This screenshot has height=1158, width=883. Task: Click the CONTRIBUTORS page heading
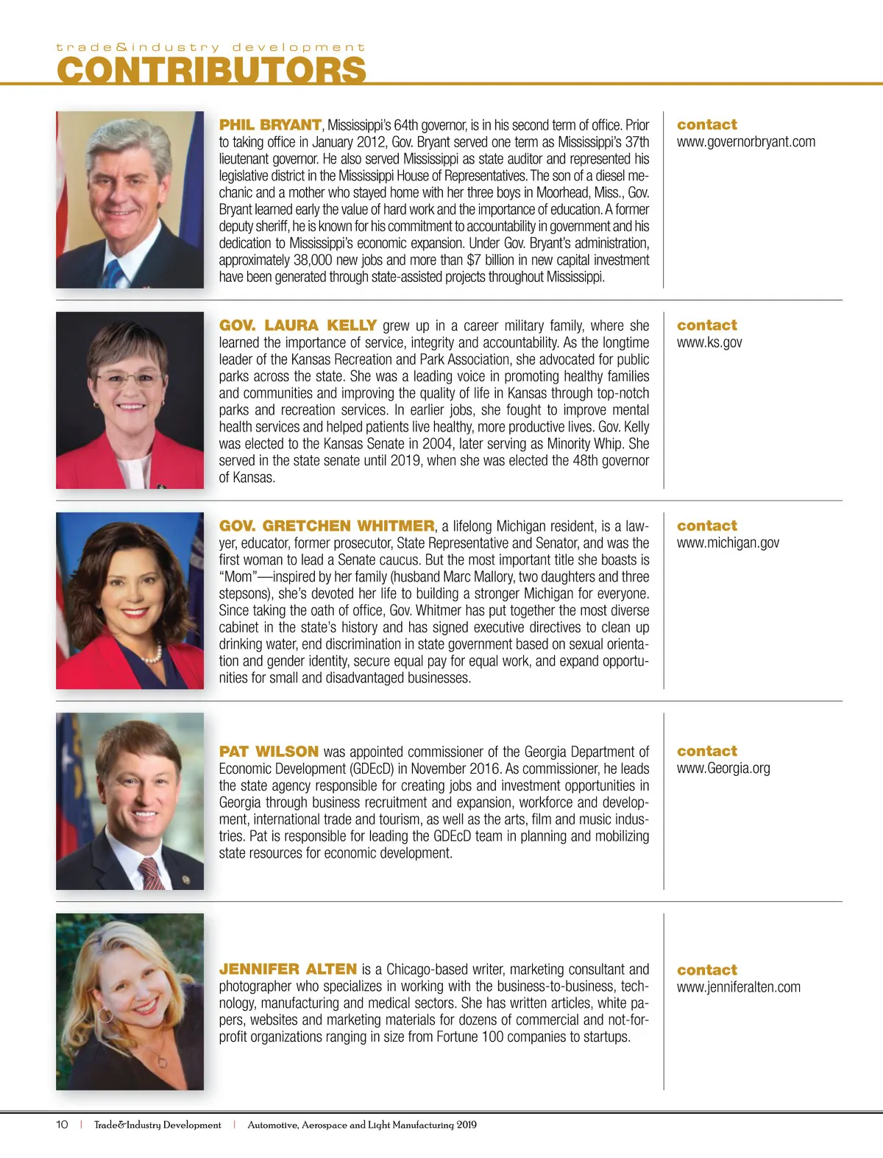pyautogui.click(x=211, y=70)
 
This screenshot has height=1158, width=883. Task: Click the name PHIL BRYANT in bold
pyautogui.click(x=270, y=125)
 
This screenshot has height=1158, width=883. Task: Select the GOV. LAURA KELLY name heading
pyautogui.click(x=298, y=325)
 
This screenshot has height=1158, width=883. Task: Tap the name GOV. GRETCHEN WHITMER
pyautogui.click(x=327, y=526)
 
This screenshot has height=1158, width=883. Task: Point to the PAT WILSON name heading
pyautogui.click(x=269, y=752)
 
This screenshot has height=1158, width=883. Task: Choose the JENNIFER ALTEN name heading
pyautogui.click(x=288, y=969)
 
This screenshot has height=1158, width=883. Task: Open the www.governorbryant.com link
pyautogui.click(x=745, y=142)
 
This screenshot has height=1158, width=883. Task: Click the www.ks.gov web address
pyautogui.click(x=709, y=342)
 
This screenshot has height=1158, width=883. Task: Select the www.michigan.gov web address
pyautogui.click(x=728, y=543)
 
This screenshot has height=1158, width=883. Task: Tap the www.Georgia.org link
pyautogui.click(x=723, y=768)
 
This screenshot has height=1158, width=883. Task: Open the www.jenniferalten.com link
pyautogui.click(x=738, y=987)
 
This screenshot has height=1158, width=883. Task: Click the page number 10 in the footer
pyautogui.click(x=62, y=1125)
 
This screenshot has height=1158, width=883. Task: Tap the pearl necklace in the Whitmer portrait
pyautogui.click(x=152, y=653)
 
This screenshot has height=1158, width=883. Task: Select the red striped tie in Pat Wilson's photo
pyautogui.click(x=151, y=873)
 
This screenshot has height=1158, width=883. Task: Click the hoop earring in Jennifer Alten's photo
pyautogui.click(x=106, y=1016)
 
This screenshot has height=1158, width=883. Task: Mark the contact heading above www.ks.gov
pyautogui.click(x=706, y=325)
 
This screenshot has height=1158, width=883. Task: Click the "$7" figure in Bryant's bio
pyautogui.click(x=474, y=260)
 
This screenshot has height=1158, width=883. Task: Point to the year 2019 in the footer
pyautogui.click(x=466, y=1125)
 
